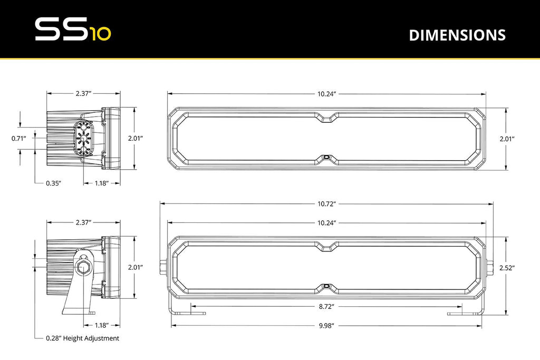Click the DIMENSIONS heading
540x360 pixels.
tap(457, 35)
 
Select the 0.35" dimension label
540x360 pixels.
tap(53, 183)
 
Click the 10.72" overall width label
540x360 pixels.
tap(327, 203)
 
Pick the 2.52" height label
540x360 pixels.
tap(507, 268)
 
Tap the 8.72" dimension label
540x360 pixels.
tap(327, 306)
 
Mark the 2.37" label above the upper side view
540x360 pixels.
tap(83, 93)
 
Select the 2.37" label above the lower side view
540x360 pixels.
tap(83, 222)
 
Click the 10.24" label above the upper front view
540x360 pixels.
tap(327, 93)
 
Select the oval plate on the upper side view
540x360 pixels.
tap(83, 139)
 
